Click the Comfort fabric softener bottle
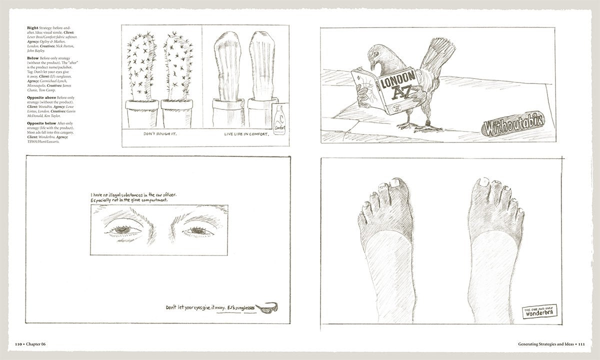[x=277, y=120]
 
